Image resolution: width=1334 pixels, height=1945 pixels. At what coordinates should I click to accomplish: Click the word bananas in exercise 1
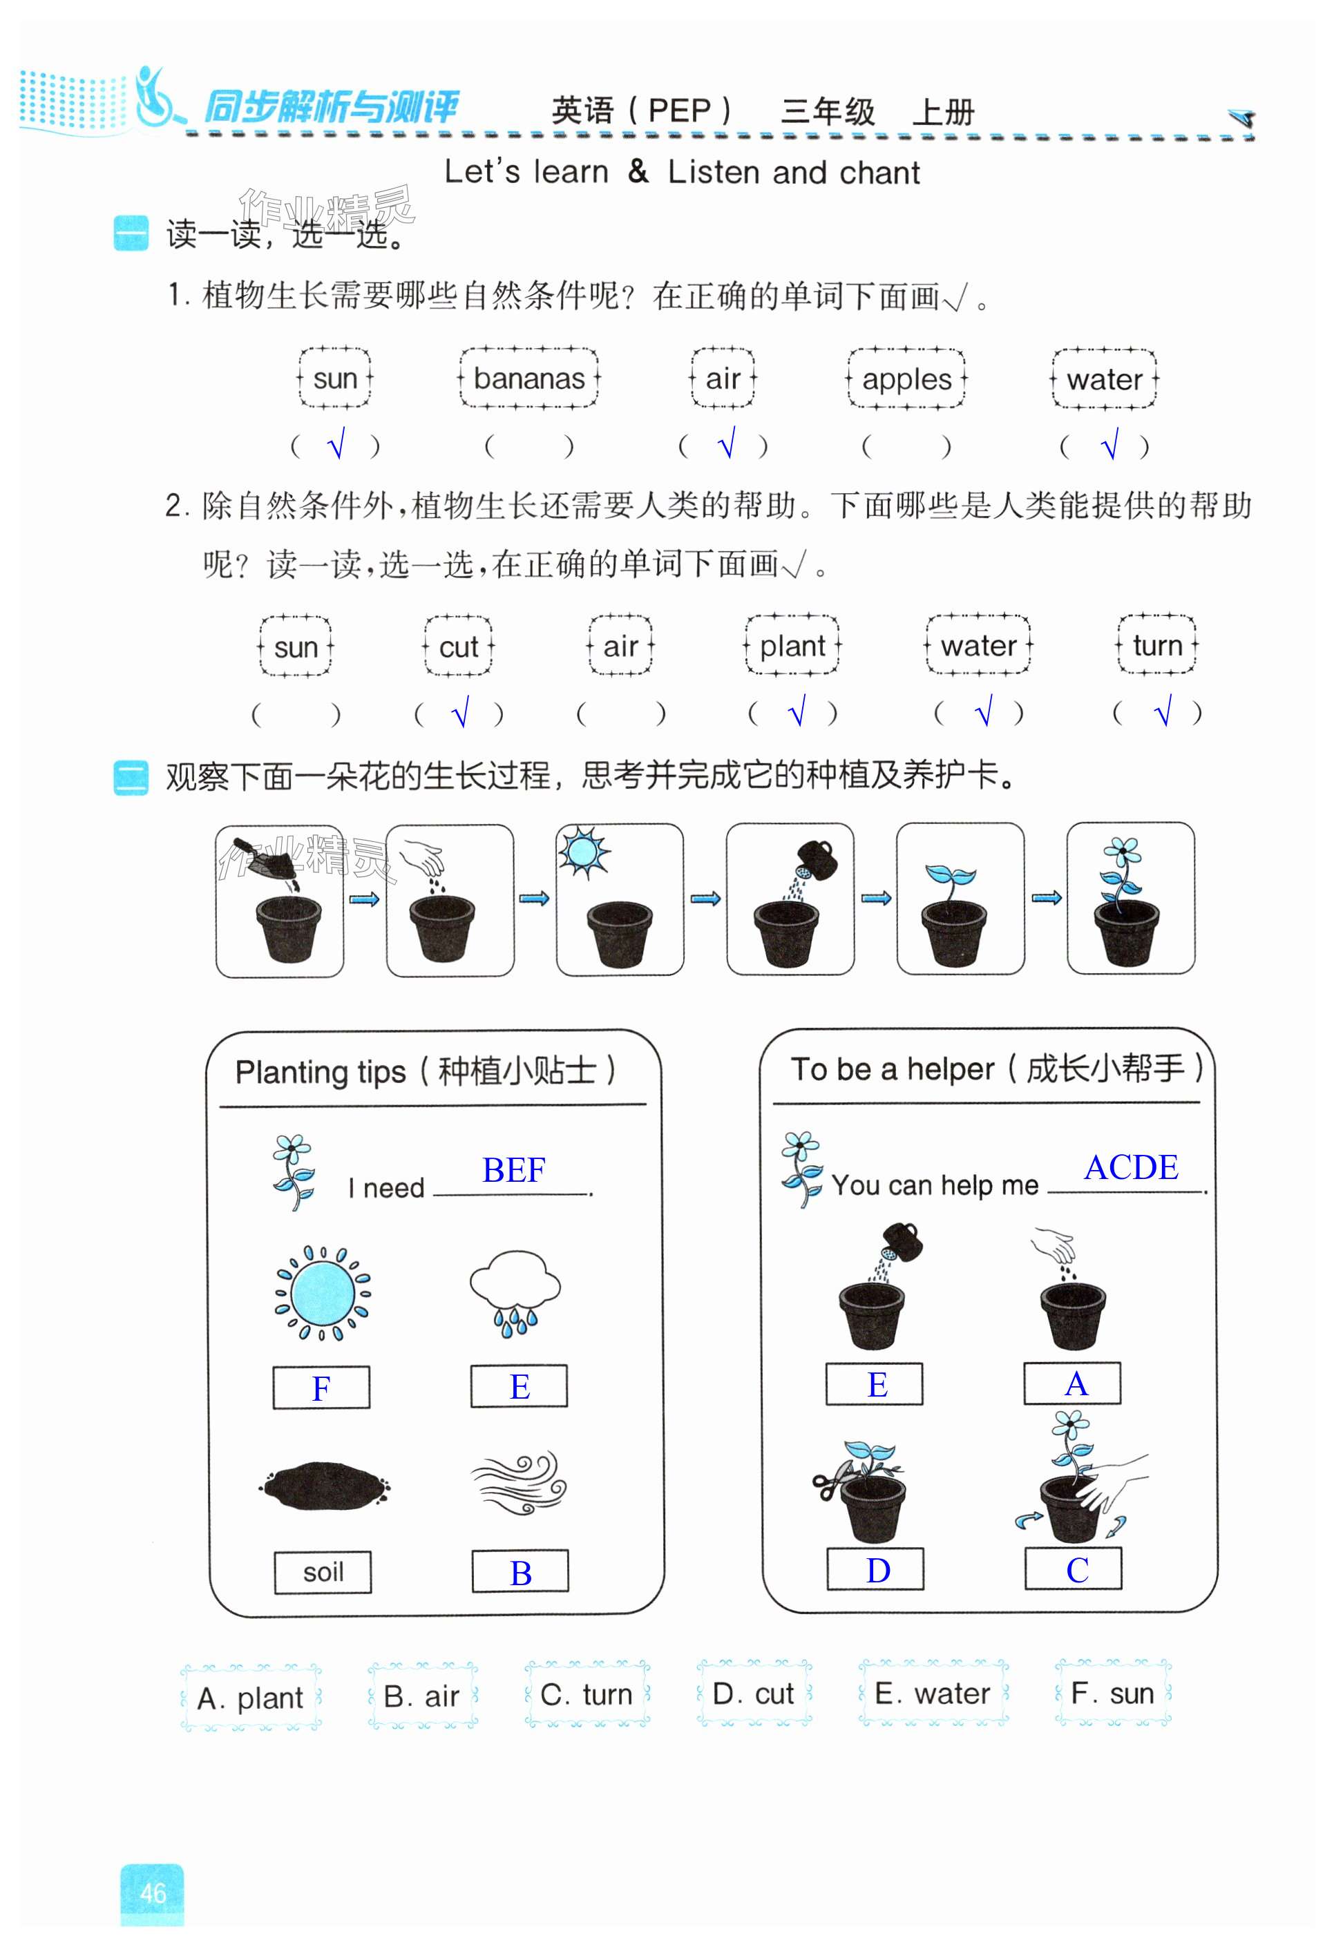(x=529, y=379)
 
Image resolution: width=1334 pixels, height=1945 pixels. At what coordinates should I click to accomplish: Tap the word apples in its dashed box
(x=906, y=379)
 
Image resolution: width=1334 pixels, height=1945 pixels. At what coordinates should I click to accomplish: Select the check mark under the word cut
(x=459, y=713)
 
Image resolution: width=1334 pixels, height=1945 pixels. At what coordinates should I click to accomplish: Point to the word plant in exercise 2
(x=792, y=646)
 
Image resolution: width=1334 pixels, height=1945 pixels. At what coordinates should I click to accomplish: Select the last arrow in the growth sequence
(x=1046, y=898)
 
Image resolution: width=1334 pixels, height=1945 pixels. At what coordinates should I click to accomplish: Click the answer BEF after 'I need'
(x=513, y=1170)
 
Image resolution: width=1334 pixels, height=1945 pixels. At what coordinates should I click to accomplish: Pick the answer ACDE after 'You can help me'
(x=1131, y=1167)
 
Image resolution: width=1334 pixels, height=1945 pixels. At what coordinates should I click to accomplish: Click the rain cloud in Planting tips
(x=515, y=1290)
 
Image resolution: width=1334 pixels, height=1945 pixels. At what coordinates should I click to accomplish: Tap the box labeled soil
(x=323, y=1573)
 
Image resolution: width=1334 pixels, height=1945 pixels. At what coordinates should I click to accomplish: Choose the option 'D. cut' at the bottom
(x=753, y=1694)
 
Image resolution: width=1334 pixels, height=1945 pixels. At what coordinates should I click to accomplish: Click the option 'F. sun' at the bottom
(x=1112, y=1694)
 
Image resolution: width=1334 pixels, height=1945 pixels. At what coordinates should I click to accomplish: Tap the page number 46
(x=152, y=1893)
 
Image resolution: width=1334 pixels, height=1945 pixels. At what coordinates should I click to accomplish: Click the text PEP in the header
(x=678, y=111)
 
